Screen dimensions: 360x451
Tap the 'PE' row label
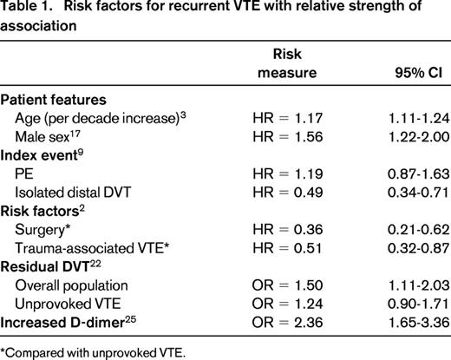(25, 197)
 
